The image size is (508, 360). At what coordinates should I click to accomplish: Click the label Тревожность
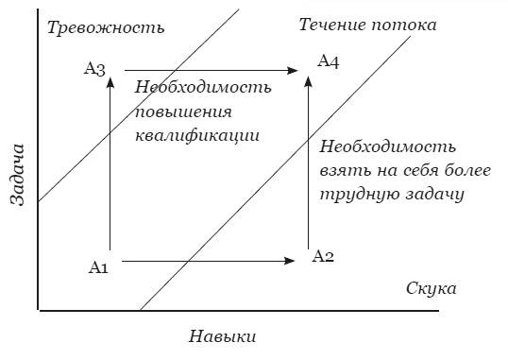[x=105, y=26]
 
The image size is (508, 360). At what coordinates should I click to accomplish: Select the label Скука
[x=432, y=287]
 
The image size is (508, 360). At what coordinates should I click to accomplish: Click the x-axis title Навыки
[x=223, y=336]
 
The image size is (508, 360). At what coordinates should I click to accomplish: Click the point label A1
[x=99, y=267]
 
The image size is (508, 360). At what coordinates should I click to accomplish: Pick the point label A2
[x=323, y=257]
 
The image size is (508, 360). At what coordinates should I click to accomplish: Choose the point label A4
[x=328, y=61]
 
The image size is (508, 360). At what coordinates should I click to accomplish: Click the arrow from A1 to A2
[x=208, y=260]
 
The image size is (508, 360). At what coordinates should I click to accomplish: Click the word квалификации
[x=197, y=135]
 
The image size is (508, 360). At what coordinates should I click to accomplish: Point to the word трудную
[x=354, y=195]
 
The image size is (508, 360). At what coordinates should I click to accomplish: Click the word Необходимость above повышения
[x=203, y=87]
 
